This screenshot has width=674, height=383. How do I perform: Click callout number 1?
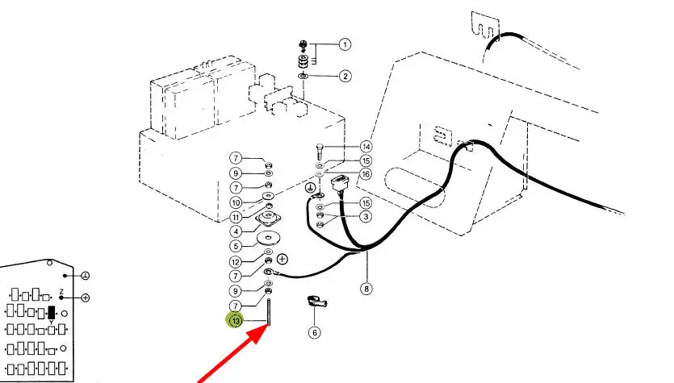(345, 44)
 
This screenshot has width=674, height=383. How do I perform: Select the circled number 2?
(345, 77)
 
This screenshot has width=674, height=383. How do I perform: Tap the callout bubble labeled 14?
(366, 147)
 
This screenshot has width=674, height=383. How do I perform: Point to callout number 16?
(366, 174)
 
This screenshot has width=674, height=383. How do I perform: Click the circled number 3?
(366, 216)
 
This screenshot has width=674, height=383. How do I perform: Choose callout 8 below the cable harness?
(366, 289)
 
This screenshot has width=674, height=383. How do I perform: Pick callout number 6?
(315, 332)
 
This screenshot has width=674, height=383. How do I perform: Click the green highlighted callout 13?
(235, 320)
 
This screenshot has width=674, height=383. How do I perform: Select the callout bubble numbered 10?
(236, 202)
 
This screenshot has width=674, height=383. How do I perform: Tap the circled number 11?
(236, 217)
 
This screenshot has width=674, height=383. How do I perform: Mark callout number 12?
(236, 261)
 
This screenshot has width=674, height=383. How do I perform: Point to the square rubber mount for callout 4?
(269, 219)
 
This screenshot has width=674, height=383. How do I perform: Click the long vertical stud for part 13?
(269, 312)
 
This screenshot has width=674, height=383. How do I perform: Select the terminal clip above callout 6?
(317, 302)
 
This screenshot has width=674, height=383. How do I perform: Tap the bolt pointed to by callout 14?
(320, 151)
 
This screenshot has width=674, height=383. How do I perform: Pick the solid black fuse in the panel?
(52, 313)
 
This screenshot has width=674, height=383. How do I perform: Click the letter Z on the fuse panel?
(61, 292)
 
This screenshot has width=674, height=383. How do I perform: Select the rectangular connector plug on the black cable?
(338, 182)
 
